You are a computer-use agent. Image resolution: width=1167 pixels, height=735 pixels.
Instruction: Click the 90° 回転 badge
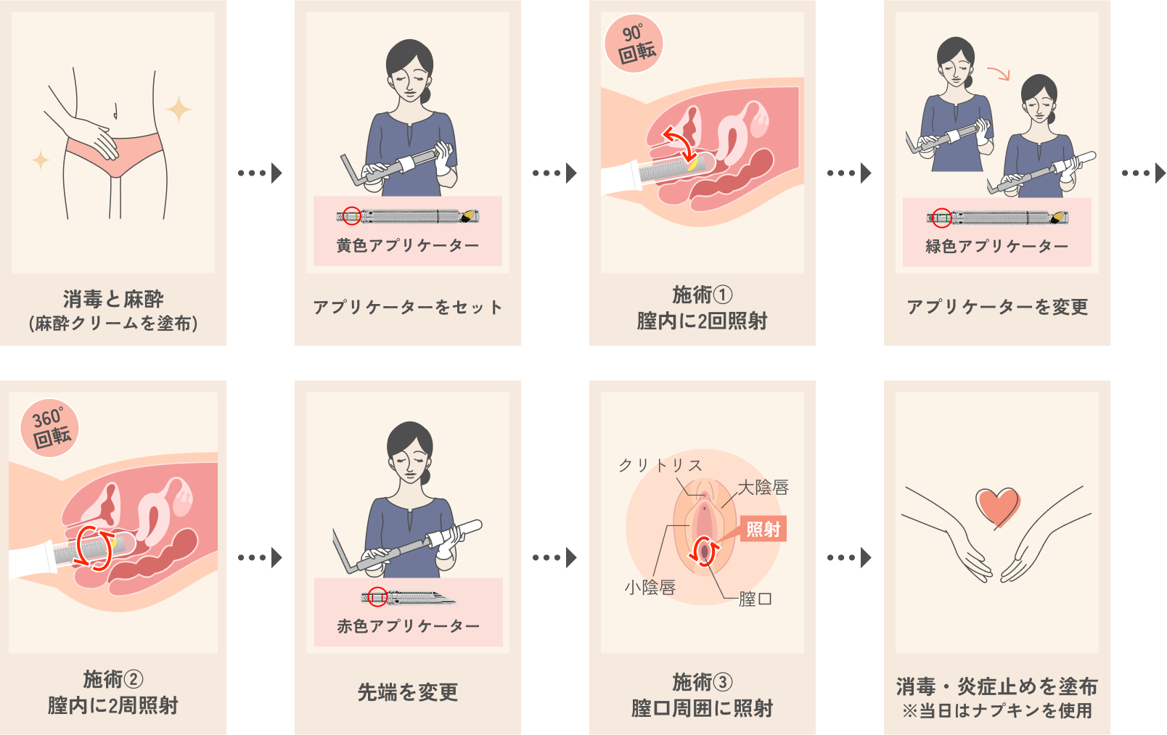point(634,44)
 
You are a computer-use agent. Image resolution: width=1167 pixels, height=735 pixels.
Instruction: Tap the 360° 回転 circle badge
point(49,427)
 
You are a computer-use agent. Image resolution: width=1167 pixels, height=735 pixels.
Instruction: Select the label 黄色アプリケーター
point(407,245)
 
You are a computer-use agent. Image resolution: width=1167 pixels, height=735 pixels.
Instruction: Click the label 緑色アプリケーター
point(996,246)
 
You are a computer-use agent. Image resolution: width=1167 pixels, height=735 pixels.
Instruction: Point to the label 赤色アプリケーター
point(408,625)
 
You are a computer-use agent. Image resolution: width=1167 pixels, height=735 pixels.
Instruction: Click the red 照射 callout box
point(763,529)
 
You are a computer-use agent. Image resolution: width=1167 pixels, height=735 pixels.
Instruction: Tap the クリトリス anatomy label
point(660,465)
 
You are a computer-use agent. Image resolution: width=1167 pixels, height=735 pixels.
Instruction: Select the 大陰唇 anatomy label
point(763,487)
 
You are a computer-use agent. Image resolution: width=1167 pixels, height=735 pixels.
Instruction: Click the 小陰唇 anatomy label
point(650,588)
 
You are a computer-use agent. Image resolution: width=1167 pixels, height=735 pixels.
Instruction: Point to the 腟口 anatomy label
point(756,599)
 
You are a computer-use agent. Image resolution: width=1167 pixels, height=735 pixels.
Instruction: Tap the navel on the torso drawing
point(115,111)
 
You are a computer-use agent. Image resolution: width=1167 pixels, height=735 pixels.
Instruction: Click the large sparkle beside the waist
point(179,110)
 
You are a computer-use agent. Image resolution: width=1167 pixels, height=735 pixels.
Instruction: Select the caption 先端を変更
point(408,692)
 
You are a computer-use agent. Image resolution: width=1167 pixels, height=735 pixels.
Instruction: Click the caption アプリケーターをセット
point(408,307)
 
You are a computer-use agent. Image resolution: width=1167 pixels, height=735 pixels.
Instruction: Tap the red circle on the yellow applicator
point(352,215)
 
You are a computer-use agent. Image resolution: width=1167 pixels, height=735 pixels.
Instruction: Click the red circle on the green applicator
point(941,217)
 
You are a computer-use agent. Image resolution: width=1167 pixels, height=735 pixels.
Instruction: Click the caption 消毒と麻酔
point(113,300)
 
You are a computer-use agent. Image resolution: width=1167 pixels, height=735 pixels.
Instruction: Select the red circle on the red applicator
point(377,597)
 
